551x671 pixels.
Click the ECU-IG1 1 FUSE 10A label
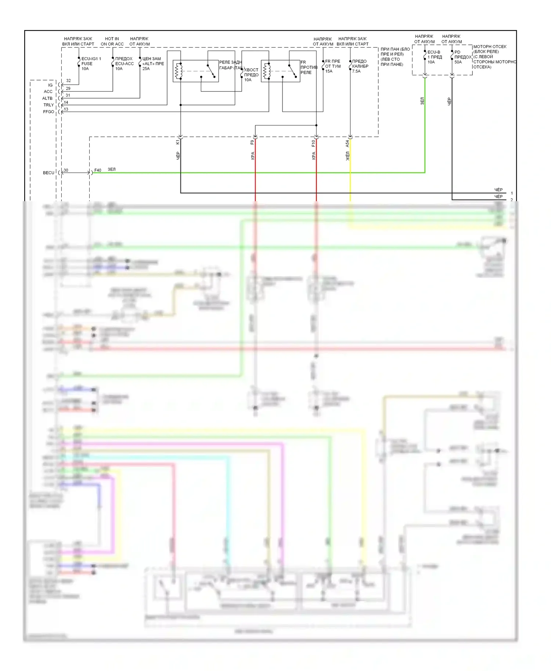point(91,64)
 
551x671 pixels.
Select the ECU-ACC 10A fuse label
point(124,64)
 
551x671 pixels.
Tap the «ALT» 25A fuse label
point(153,64)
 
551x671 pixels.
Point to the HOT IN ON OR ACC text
point(112,41)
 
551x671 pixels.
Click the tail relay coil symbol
point(179,71)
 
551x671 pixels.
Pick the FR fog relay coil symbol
point(267,71)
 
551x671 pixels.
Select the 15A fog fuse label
point(332,66)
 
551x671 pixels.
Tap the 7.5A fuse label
point(360,66)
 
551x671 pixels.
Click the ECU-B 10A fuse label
point(434,57)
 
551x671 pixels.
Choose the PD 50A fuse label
point(462,57)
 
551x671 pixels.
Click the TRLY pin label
point(48,105)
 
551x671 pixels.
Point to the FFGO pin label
point(48,112)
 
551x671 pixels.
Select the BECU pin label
point(48,173)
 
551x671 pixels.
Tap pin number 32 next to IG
point(68,81)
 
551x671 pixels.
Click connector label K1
point(178,142)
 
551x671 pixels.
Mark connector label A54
point(347,144)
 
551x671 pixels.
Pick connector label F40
point(98,170)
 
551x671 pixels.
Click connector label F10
point(313,143)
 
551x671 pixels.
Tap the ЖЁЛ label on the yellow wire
point(347,156)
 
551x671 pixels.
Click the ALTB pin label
point(47,98)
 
